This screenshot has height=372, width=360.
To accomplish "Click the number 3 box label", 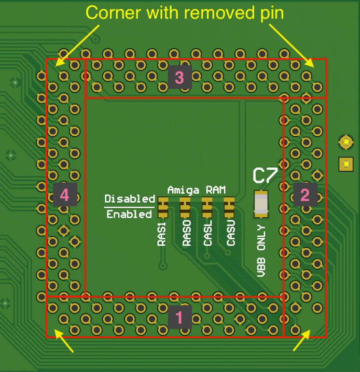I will (x=180, y=77).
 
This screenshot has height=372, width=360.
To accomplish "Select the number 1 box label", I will (x=180, y=317).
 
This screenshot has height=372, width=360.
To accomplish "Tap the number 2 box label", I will (x=305, y=195).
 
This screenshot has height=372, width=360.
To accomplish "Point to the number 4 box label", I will (x=65, y=195).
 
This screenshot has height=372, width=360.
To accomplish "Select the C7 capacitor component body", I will (x=261, y=202).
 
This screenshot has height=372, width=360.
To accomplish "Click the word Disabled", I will (x=130, y=199).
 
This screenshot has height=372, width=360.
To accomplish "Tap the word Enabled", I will (x=129, y=214).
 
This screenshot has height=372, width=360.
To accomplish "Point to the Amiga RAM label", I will (x=196, y=190).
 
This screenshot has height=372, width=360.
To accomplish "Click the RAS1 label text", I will (x=162, y=234).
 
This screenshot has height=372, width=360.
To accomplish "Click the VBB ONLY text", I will (x=262, y=251).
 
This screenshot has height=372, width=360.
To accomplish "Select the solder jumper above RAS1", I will (x=162, y=208).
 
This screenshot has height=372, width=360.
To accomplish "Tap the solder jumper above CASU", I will (x=229, y=208).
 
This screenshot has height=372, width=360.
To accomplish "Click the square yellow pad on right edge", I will (x=346, y=164).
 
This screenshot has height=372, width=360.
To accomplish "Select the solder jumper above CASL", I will (x=207, y=208).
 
